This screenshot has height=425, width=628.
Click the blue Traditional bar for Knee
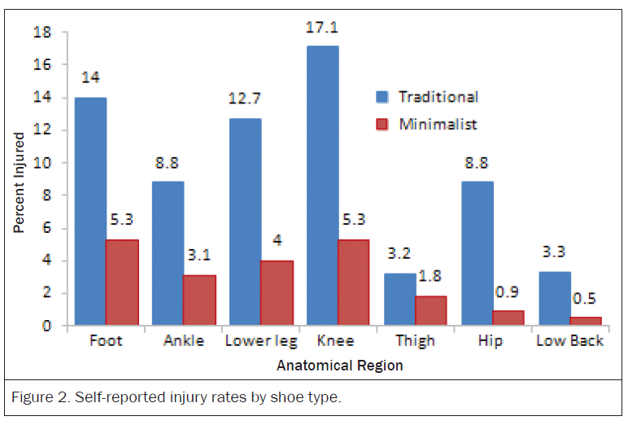coord(323,186)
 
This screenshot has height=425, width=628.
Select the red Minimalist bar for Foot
coord(122,283)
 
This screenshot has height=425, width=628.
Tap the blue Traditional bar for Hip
coord(478,253)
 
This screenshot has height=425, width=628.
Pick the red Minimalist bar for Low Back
coord(586,321)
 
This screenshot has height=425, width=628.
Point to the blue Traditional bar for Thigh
coord(400,299)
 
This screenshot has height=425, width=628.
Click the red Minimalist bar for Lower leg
coord(277,292)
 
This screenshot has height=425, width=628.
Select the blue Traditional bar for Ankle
coord(168,253)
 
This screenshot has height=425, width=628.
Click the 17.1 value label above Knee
coord(322,27)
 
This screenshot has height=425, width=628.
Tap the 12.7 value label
coord(244,99)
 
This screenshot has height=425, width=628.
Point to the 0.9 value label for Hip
coord(507,292)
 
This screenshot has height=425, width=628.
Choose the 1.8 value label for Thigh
coord(430,276)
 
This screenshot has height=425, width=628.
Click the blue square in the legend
coord(382,97)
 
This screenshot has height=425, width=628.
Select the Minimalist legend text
coord(438,125)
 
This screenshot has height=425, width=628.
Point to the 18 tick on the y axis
coord(42,32)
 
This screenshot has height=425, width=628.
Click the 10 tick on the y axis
coord(42,163)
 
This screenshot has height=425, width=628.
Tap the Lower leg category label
coord(261,341)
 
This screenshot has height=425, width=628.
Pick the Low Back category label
coord(570,341)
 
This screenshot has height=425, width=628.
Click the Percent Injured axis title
coord(19,183)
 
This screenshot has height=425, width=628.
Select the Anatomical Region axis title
coord(340,366)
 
